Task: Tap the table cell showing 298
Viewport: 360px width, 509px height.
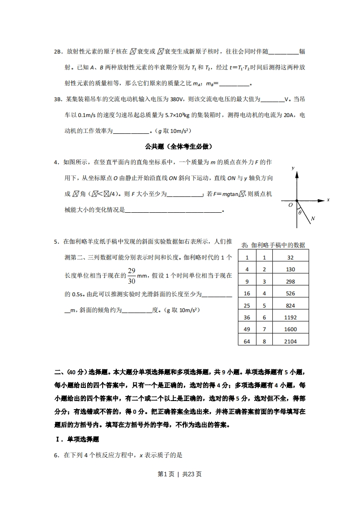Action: click(x=291, y=281)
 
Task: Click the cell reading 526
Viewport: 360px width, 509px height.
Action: click(x=291, y=294)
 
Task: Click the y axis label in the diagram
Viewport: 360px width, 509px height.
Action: click(x=293, y=168)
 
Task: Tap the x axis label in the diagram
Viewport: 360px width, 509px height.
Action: click(x=328, y=200)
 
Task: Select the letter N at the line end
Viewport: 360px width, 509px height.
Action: click(x=313, y=219)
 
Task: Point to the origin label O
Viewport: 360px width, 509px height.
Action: click(x=291, y=205)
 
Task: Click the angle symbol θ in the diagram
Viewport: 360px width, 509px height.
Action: click(x=300, y=212)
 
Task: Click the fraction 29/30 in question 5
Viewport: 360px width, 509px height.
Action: click(x=131, y=275)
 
